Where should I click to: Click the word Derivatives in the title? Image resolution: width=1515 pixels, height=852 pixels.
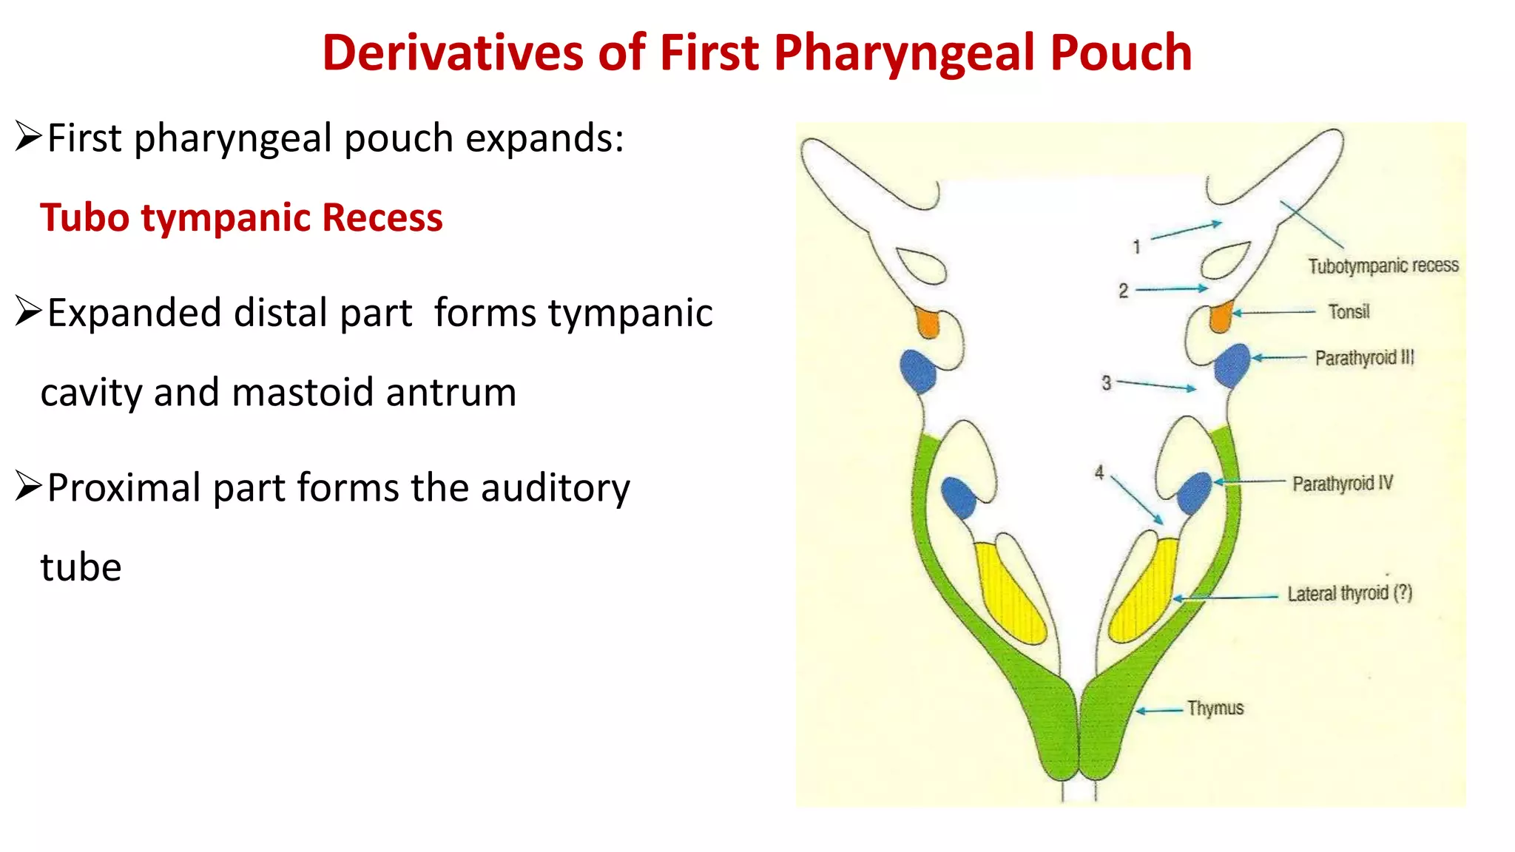pos(453,53)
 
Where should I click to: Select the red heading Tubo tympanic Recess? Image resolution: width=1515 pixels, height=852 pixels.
pos(241,217)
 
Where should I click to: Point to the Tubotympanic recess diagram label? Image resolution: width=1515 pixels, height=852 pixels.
pos(1383,266)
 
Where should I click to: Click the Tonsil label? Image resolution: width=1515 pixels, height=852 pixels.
pos(1349,312)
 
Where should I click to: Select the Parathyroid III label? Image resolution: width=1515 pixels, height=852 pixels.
pos(1364,358)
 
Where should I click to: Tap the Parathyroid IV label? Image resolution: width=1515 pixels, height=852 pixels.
pos(1342,484)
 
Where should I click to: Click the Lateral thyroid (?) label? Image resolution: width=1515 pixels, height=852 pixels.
pos(1349,593)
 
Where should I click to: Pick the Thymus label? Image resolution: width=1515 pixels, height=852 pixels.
pos(1215,708)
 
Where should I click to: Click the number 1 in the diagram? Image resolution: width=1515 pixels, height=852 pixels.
pos(1137,247)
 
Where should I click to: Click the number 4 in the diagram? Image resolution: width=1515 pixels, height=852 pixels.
pos(1099,473)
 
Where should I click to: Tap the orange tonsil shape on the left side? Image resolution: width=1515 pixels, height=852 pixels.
pos(927,322)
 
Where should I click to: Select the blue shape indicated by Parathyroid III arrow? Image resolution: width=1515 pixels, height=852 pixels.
pos(1232,365)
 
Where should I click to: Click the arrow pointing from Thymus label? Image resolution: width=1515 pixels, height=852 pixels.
pos(1159,711)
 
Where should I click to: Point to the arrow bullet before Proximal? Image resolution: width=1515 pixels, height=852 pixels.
pos(28,487)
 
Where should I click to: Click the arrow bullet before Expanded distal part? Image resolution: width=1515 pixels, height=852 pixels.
pos(28,312)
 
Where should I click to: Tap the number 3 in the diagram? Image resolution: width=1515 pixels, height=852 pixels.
pos(1106,383)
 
